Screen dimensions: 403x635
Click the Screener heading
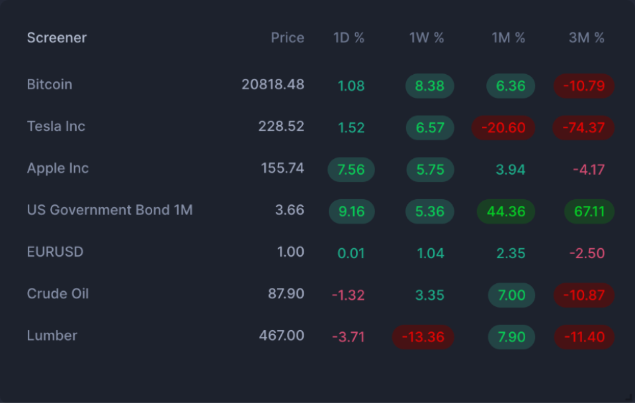coord(57,38)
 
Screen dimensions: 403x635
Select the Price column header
coord(287,38)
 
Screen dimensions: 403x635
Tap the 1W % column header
coord(427,38)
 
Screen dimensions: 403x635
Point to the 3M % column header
coord(587,38)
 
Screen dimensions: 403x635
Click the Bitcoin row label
coord(50,85)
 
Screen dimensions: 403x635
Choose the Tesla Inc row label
coord(56,126)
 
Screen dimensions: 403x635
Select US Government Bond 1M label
coord(110,210)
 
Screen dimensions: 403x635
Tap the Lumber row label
coord(52,336)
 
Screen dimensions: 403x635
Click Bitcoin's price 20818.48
coord(273,85)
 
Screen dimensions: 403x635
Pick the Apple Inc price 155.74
coord(282,168)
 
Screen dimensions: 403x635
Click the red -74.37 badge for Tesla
coord(584,128)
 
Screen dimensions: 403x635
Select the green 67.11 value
coord(589,212)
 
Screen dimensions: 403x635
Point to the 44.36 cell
coord(506,212)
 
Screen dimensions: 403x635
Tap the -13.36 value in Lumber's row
coord(423,337)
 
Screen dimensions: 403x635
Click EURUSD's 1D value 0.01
coord(351,253)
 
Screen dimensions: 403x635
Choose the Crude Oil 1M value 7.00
coord(511,295)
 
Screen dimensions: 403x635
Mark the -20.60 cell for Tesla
coord(503,128)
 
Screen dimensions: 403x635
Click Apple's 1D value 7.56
coord(351,170)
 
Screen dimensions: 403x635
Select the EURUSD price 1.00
coord(291,252)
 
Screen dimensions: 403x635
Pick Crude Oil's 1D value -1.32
coord(348,295)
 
